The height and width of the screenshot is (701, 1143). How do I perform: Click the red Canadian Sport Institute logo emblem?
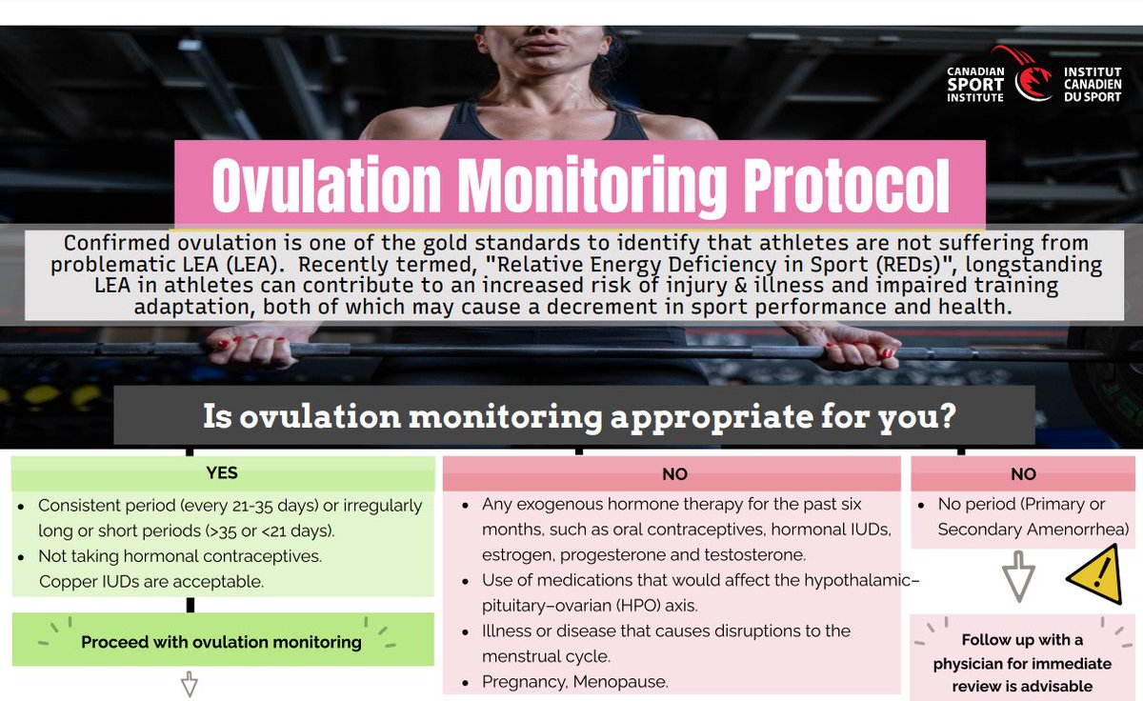click(1033, 75)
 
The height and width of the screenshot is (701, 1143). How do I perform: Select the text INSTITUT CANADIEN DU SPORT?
click(1092, 85)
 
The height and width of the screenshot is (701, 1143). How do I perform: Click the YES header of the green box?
click(222, 472)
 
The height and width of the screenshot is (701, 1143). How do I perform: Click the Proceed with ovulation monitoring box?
click(221, 641)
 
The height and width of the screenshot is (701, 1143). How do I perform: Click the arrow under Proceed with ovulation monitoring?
click(189, 685)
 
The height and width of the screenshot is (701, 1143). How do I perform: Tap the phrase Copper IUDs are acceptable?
click(150, 580)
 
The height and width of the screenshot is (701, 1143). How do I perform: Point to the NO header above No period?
click(1023, 473)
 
